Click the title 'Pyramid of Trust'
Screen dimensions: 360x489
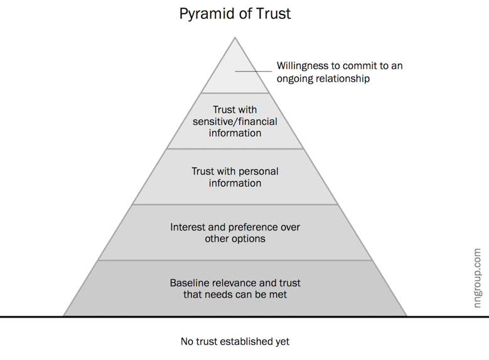235,13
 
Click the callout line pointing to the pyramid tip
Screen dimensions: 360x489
254,71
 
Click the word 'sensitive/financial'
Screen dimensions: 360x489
235,121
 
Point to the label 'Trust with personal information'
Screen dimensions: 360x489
235,177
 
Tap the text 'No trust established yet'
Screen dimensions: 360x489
235,342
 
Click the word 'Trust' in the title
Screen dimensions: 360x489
273,13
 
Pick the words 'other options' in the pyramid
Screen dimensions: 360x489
235,239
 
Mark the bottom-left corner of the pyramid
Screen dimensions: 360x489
63,316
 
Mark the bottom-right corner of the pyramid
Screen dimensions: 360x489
407,316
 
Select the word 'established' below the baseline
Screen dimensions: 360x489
241,342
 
